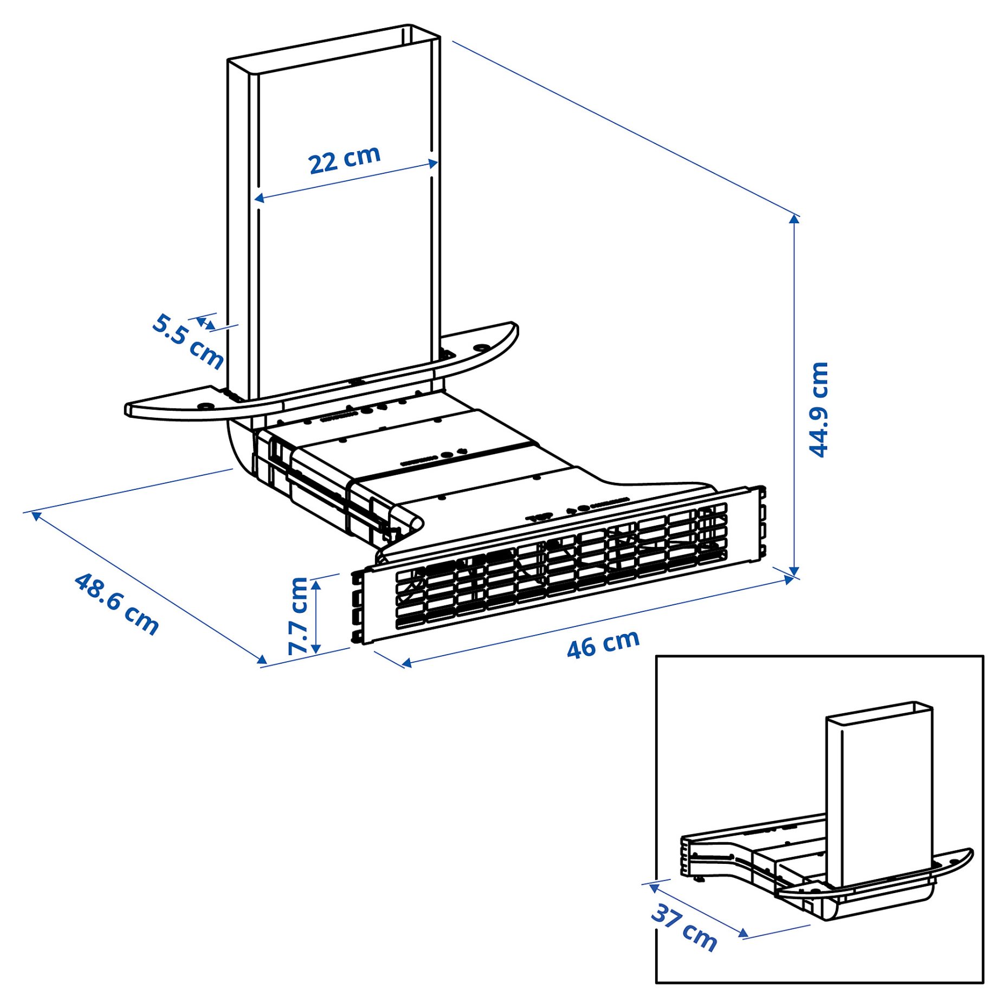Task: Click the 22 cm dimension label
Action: [x=344, y=159]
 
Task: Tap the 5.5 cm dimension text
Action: [x=188, y=341]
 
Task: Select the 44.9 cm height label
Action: [x=818, y=410]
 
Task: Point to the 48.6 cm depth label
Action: [x=117, y=604]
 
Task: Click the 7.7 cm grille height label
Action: [x=298, y=616]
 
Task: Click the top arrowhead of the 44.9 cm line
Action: [x=794, y=219]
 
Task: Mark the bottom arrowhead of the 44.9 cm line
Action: [x=794, y=572]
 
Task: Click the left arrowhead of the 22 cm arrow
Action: [x=259, y=198]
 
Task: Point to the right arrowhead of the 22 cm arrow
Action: [x=433, y=163]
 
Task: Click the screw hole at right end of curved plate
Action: [x=480, y=347]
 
